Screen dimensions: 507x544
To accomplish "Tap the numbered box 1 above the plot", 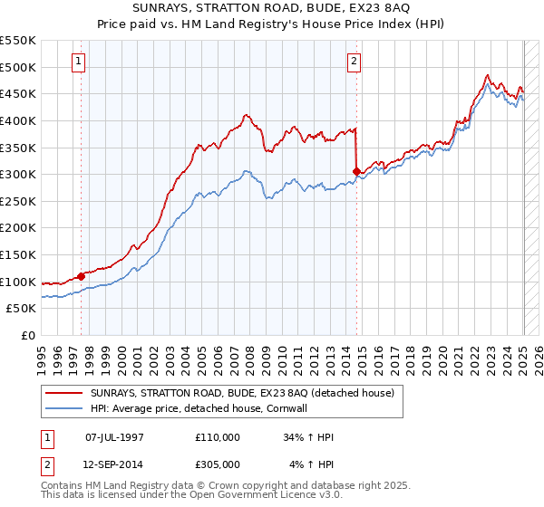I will point(80,62).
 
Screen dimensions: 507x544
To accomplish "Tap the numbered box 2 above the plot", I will point(354,62).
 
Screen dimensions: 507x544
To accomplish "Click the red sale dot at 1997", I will point(81,276).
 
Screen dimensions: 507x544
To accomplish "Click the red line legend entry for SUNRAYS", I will point(242,394).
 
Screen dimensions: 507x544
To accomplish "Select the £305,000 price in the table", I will point(218,465).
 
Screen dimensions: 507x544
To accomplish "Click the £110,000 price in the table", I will point(218,437).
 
